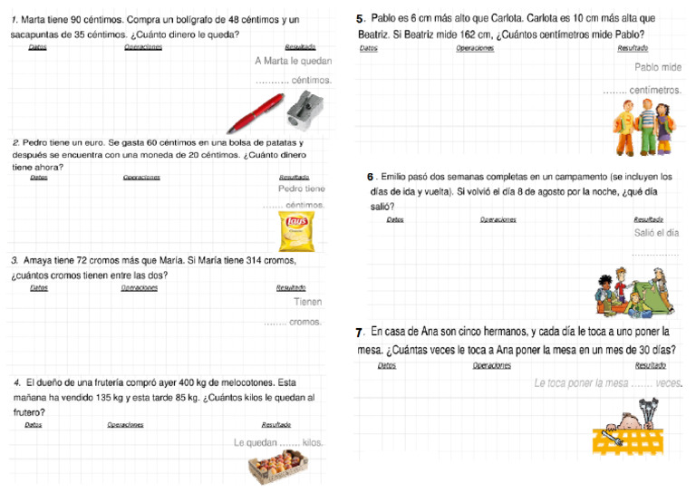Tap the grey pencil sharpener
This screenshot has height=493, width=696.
coord(304,107)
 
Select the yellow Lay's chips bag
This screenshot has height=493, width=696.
coord(297,232)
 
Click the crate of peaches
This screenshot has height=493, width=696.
coord(280,467)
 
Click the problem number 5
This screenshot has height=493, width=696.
coord(361,18)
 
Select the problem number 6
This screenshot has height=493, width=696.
coord(371,177)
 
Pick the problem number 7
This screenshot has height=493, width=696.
coord(361,333)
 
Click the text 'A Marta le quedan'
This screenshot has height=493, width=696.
coord(293,62)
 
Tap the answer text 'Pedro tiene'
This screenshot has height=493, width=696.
coord(301,189)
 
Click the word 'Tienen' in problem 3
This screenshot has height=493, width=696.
coord(308,302)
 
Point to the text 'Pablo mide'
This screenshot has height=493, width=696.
coord(658,67)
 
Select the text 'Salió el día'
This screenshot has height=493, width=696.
coord(656,233)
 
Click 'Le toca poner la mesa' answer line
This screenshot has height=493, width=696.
coord(580,383)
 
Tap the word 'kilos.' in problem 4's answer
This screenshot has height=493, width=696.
coord(313,443)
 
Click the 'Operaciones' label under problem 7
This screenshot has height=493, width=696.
coord(491,365)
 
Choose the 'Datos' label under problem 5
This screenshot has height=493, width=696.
coord(368,48)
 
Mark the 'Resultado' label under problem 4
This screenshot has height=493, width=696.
coord(275,424)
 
